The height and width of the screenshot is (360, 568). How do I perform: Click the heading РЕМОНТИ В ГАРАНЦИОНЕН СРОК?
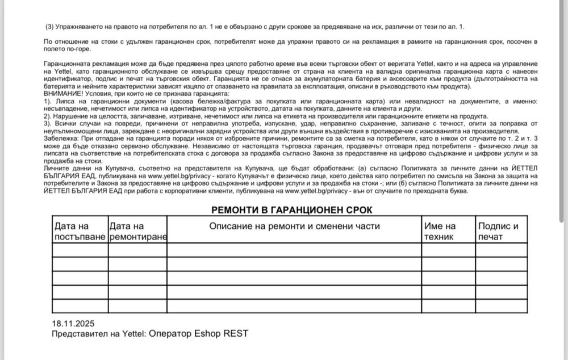pyautogui.click(x=292, y=210)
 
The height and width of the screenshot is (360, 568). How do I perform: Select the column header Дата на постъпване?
pyautogui.click(x=80, y=232)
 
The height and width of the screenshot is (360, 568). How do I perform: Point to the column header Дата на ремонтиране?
pyautogui.click(x=137, y=232)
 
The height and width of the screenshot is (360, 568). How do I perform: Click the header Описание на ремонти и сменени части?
pyautogui.click(x=294, y=226)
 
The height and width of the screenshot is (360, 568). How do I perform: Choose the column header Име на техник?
pyautogui.click(x=441, y=232)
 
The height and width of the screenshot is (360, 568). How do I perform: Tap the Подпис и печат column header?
pyautogui.click(x=498, y=232)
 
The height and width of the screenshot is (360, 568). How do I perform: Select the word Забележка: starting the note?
pyautogui.click(x=62, y=140)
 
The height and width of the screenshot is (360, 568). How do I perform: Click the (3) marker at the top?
pyautogui.click(x=50, y=27)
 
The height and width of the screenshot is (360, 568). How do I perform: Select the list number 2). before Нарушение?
pyautogui.click(x=48, y=116)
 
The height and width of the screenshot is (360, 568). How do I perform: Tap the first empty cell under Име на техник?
pyautogui.click(x=448, y=250)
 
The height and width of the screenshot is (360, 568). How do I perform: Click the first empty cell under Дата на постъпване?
pyautogui.click(x=80, y=250)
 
